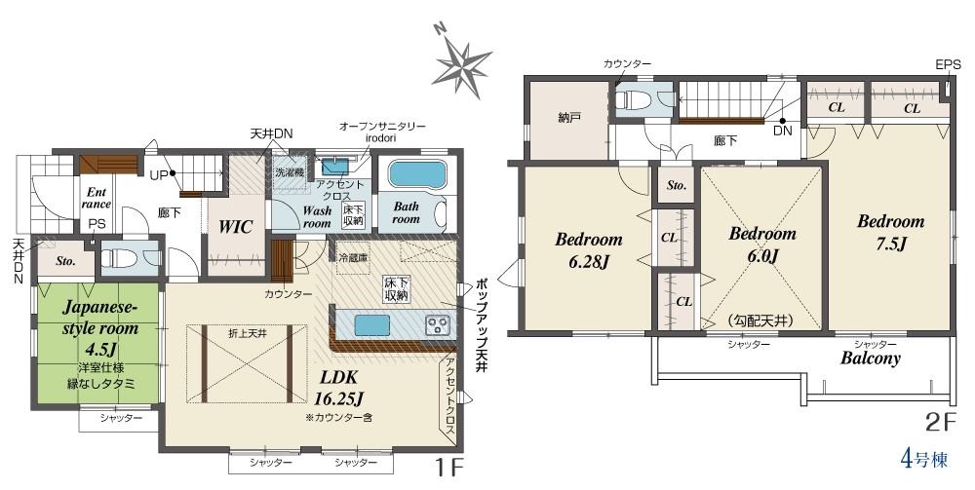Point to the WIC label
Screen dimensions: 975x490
click(x=235, y=227)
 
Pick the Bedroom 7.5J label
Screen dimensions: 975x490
click(x=890, y=232)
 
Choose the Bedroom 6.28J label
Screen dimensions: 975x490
click(x=588, y=250)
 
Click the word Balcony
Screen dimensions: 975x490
click(x=871, y=358)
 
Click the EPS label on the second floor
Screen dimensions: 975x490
click(x=948, y=64)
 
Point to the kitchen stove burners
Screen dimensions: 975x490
click(x=438, y=324)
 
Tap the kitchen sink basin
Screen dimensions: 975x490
click(x=371, y=324)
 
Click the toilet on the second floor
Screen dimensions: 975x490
click(x=633, y=98)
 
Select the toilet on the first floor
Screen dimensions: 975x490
click(x=118, y=256)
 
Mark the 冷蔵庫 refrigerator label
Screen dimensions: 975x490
click(x=353, y=257)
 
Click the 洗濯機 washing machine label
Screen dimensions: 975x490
click(x=290, y=172)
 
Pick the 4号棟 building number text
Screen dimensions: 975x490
click(x=924, y=460)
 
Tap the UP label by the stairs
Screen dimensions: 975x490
click(x=159, y=175)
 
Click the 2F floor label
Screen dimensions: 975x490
click(x=939, y=423)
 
